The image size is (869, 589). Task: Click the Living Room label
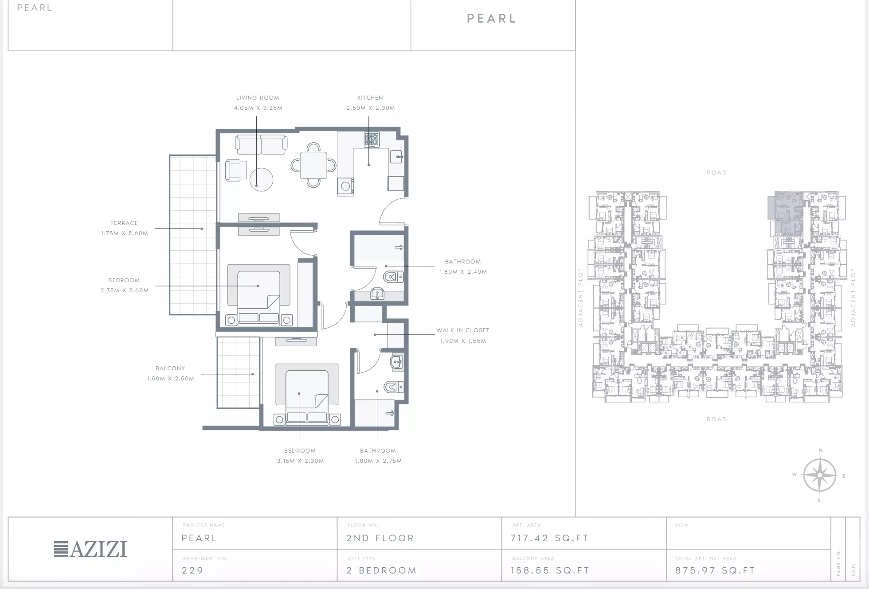pos(258,98)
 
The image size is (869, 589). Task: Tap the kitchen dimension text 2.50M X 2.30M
pos(371,108)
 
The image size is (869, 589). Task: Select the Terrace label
pos(124,223)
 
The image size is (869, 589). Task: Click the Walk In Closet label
pos(463,330)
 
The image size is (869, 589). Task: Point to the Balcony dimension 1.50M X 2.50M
pos(171,379)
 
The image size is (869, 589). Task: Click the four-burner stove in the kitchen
pos(372,140)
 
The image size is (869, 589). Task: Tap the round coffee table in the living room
pos(261,179)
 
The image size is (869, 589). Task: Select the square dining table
pos(313,165)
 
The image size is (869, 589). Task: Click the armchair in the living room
pos(236,170)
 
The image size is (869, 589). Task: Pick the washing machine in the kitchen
pos(345,186)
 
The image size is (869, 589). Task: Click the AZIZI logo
pos(90,549)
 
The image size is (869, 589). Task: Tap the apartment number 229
pos(192,570)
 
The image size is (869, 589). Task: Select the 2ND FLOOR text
pos(380,538)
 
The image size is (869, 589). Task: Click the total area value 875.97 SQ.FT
pos(715,570)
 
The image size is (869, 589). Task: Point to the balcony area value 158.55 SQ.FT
pos(550,570)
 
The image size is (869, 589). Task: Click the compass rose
pos(820,475)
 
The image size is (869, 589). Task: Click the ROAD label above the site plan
pos(716,173)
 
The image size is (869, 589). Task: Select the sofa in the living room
pos(261,145)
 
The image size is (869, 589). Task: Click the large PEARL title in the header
pos(492,19)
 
